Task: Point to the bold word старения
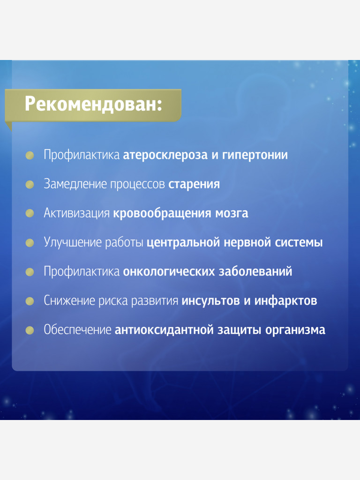[x=194, y=184]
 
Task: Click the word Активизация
[x=76, y=213]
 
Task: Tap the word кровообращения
[x=162, y=214]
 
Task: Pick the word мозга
[x=231, y=214]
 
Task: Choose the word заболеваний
[x=255, y=272]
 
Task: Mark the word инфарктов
[x=285, y=301]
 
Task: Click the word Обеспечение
[x=77, y=330]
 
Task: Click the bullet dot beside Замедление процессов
[x=30, y=185]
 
